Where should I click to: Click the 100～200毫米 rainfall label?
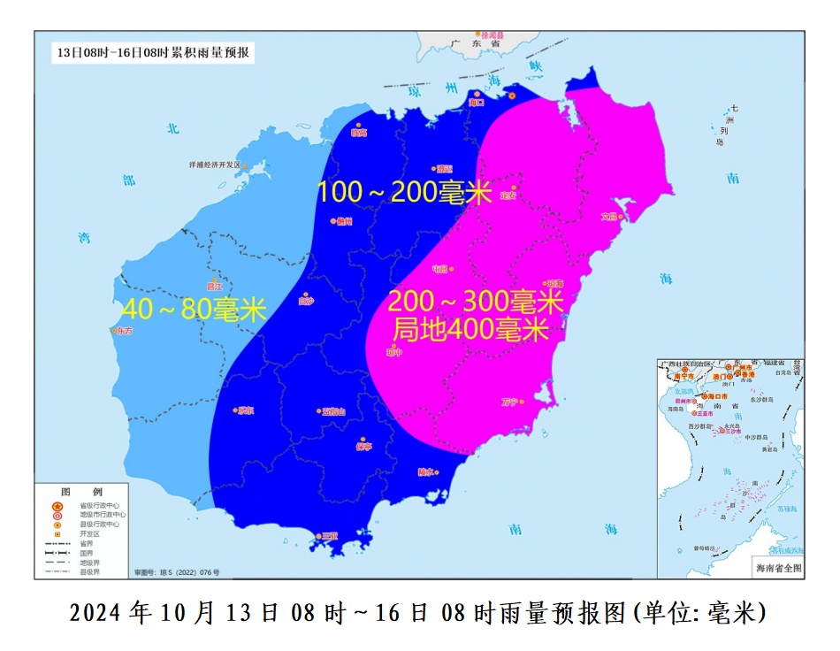click(404, 192)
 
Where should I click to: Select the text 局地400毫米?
click(470, 331)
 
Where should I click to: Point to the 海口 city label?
click(478, 103)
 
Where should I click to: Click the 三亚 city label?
click(329, 536)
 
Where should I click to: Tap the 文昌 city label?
click(608, 216)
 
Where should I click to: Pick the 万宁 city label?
click(510, 402)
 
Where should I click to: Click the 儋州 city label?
click(344, 221)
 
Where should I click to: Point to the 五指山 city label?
click(333, 411)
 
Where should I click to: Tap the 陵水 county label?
click(426, 471)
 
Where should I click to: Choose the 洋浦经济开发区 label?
click(215, 165)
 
